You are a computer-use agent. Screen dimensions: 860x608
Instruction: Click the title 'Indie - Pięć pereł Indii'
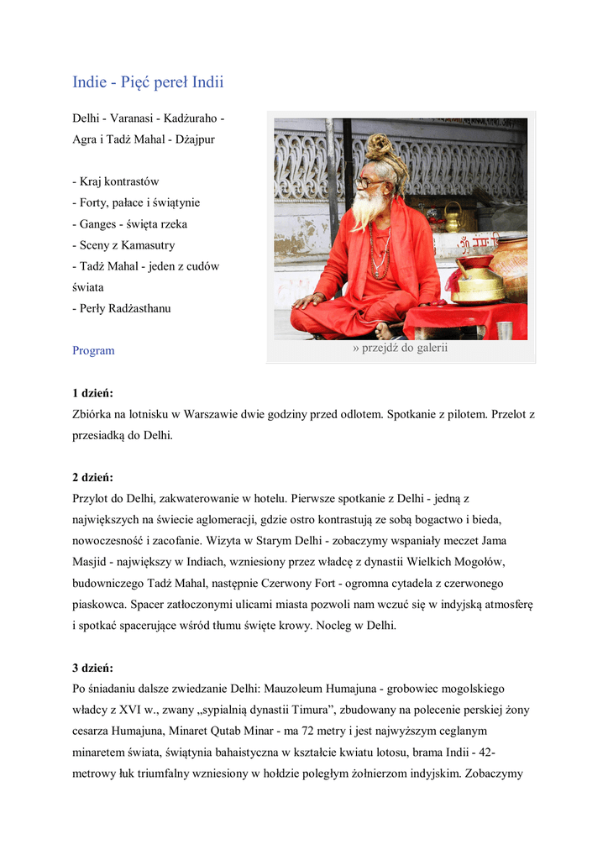(148, 82)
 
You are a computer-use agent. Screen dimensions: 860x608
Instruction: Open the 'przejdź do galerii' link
(401, 349)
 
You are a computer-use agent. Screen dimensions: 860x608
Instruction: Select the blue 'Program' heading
(93, 350)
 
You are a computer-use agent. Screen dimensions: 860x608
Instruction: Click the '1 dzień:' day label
(92, 393)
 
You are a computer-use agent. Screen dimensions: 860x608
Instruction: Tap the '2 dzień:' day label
(92, 477)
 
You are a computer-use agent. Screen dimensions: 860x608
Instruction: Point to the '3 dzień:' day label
(92, 669)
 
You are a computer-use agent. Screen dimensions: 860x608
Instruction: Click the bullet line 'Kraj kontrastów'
(118, 181)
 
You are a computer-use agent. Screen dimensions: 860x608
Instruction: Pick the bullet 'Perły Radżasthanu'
(125, 308)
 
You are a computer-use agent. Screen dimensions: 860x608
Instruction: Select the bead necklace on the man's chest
(380, 252)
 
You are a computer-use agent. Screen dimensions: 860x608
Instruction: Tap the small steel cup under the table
(504, 330)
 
